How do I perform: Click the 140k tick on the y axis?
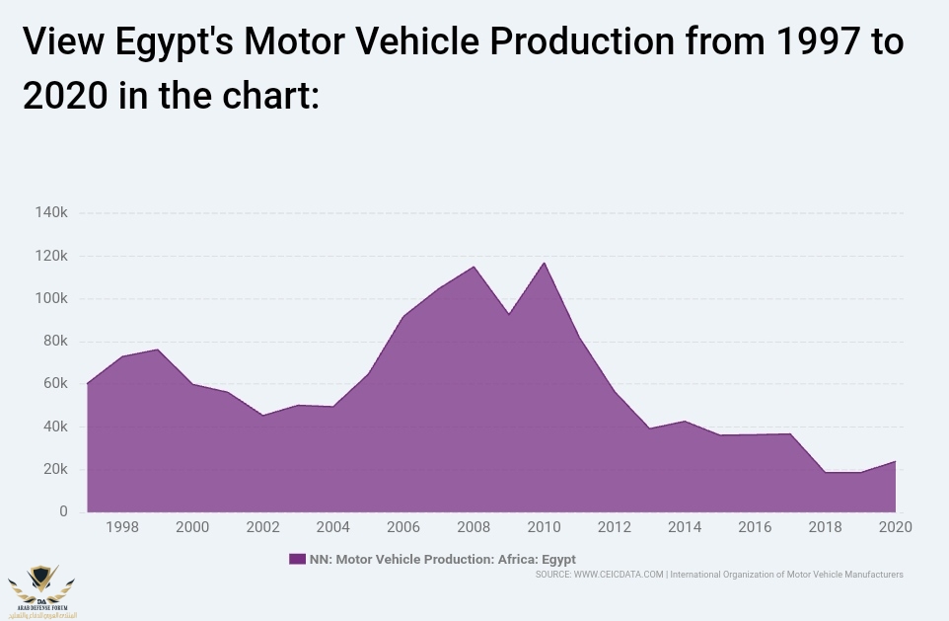(50, 213)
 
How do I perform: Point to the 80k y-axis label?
(53, 342)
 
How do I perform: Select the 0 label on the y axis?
(63, 511)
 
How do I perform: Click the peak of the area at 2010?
(544, 263)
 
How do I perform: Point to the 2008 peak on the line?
(474, 267)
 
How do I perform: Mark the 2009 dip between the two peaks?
(509, 314)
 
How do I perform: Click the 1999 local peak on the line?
(157, 349)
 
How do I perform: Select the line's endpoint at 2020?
(896, 461)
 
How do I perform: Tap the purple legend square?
(297, 559)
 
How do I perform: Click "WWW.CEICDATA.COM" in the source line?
(619, 575)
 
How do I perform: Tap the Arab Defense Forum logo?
(41, 589)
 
